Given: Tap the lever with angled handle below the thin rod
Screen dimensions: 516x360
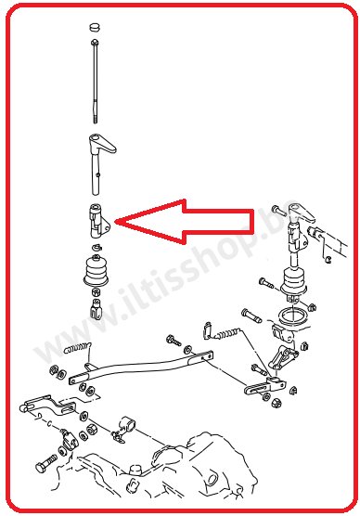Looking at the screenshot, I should (x=97, y=148).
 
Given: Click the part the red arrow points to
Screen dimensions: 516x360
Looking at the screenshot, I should (x=98, y=219).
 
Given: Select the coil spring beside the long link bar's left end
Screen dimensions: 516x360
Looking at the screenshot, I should (x=78, y=351).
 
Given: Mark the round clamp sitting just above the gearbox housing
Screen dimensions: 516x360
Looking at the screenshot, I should (x=124, y=429).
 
